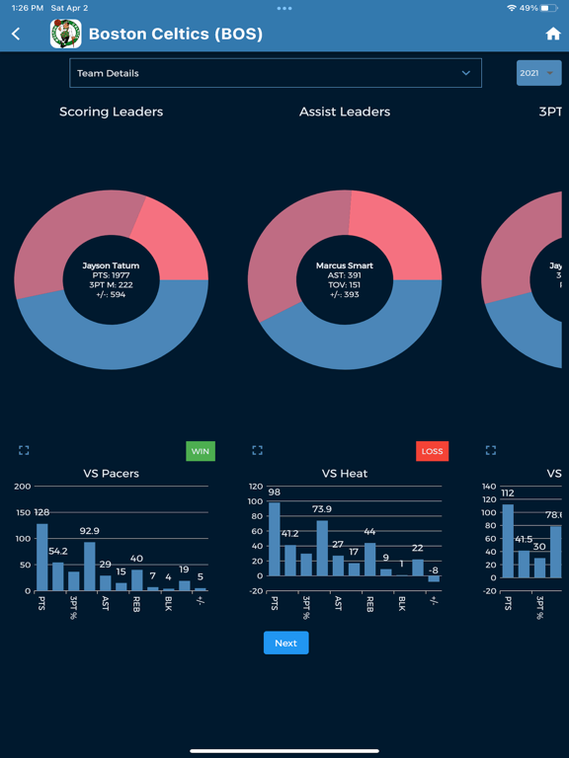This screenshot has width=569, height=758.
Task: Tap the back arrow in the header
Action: pos(16,34)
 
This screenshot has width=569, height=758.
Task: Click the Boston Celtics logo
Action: pos(66,34)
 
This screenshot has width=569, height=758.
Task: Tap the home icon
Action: pos(552,34)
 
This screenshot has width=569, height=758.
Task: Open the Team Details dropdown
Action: pos(276,73)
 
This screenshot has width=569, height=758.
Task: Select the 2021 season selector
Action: pos(538,73)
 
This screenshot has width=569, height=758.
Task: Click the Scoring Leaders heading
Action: pos(111,112)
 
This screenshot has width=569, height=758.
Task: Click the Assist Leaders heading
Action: pos(345,112)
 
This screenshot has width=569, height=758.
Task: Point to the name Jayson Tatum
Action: pos(111,265)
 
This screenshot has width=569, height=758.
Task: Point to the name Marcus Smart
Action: pos(345,265)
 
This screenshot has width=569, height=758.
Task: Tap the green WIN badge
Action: pos(201,451)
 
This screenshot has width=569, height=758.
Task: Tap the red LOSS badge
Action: pos(432,451)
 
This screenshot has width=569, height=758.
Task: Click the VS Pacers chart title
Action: pos(111,474)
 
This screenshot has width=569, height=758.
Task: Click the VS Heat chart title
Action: pos(345,474)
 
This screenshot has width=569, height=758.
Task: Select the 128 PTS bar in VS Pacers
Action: pos(42,557)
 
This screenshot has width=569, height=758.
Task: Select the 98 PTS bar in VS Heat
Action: pos(275,539)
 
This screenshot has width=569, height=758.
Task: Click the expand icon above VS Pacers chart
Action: pos(24,451)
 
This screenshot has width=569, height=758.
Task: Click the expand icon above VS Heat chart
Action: pos(257,451)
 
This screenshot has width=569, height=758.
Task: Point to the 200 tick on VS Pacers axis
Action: pos(22,487)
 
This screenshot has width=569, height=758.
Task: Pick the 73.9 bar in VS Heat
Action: pos(322,548)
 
